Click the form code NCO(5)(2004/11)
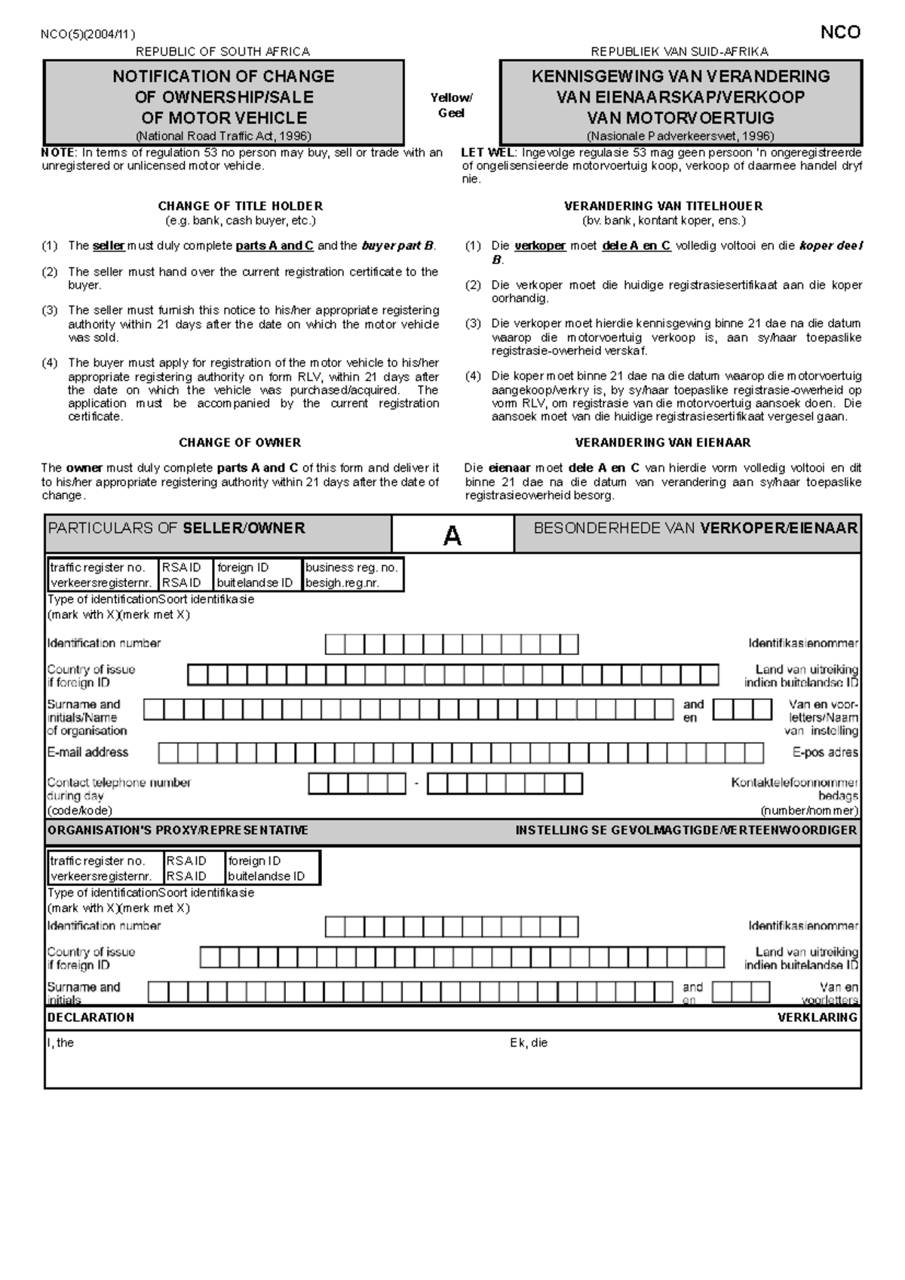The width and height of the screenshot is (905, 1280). pyautogui.click(x=88, y=34)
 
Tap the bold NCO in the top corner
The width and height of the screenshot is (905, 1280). pyautogui.click(x=839, y=32)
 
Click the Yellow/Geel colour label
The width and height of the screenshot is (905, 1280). pyautogui.click(x=451, y=106)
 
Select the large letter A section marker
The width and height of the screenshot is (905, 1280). pyautogui.click(x=452, y=536)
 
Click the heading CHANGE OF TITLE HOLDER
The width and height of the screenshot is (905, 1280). pyautogui.click(x=240, y=206)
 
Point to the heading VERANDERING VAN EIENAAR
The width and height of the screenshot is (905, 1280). pyautogui.click(x=662, y=443)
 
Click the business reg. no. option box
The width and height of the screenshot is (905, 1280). pyautogui.click(x=351, y=575)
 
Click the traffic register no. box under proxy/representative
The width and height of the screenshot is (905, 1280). pyautogui.click(x=103, y=868)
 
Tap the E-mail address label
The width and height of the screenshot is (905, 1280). pyautogui.click(x=87, y=752)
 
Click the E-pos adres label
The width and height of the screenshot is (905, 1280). pyautogui.click(x=824, y=752)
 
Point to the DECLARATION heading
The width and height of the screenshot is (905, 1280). pyautogui.click(x=90, y=1017)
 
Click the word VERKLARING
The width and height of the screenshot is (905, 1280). pyautogui.click(x=817, y=1017)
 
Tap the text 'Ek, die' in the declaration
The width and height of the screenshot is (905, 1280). pyautogui.click(x=529, y=1043)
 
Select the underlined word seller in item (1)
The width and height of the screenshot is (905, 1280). pyautogui.click(x=109, y=246)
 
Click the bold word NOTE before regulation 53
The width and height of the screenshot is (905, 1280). pyautogui.click(x=57, y=152)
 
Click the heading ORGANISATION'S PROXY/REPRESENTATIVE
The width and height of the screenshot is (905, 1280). pyautogui.click(x=177, y=830)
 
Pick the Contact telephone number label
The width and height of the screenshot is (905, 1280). pyautogui.click(x=118, y=783)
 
